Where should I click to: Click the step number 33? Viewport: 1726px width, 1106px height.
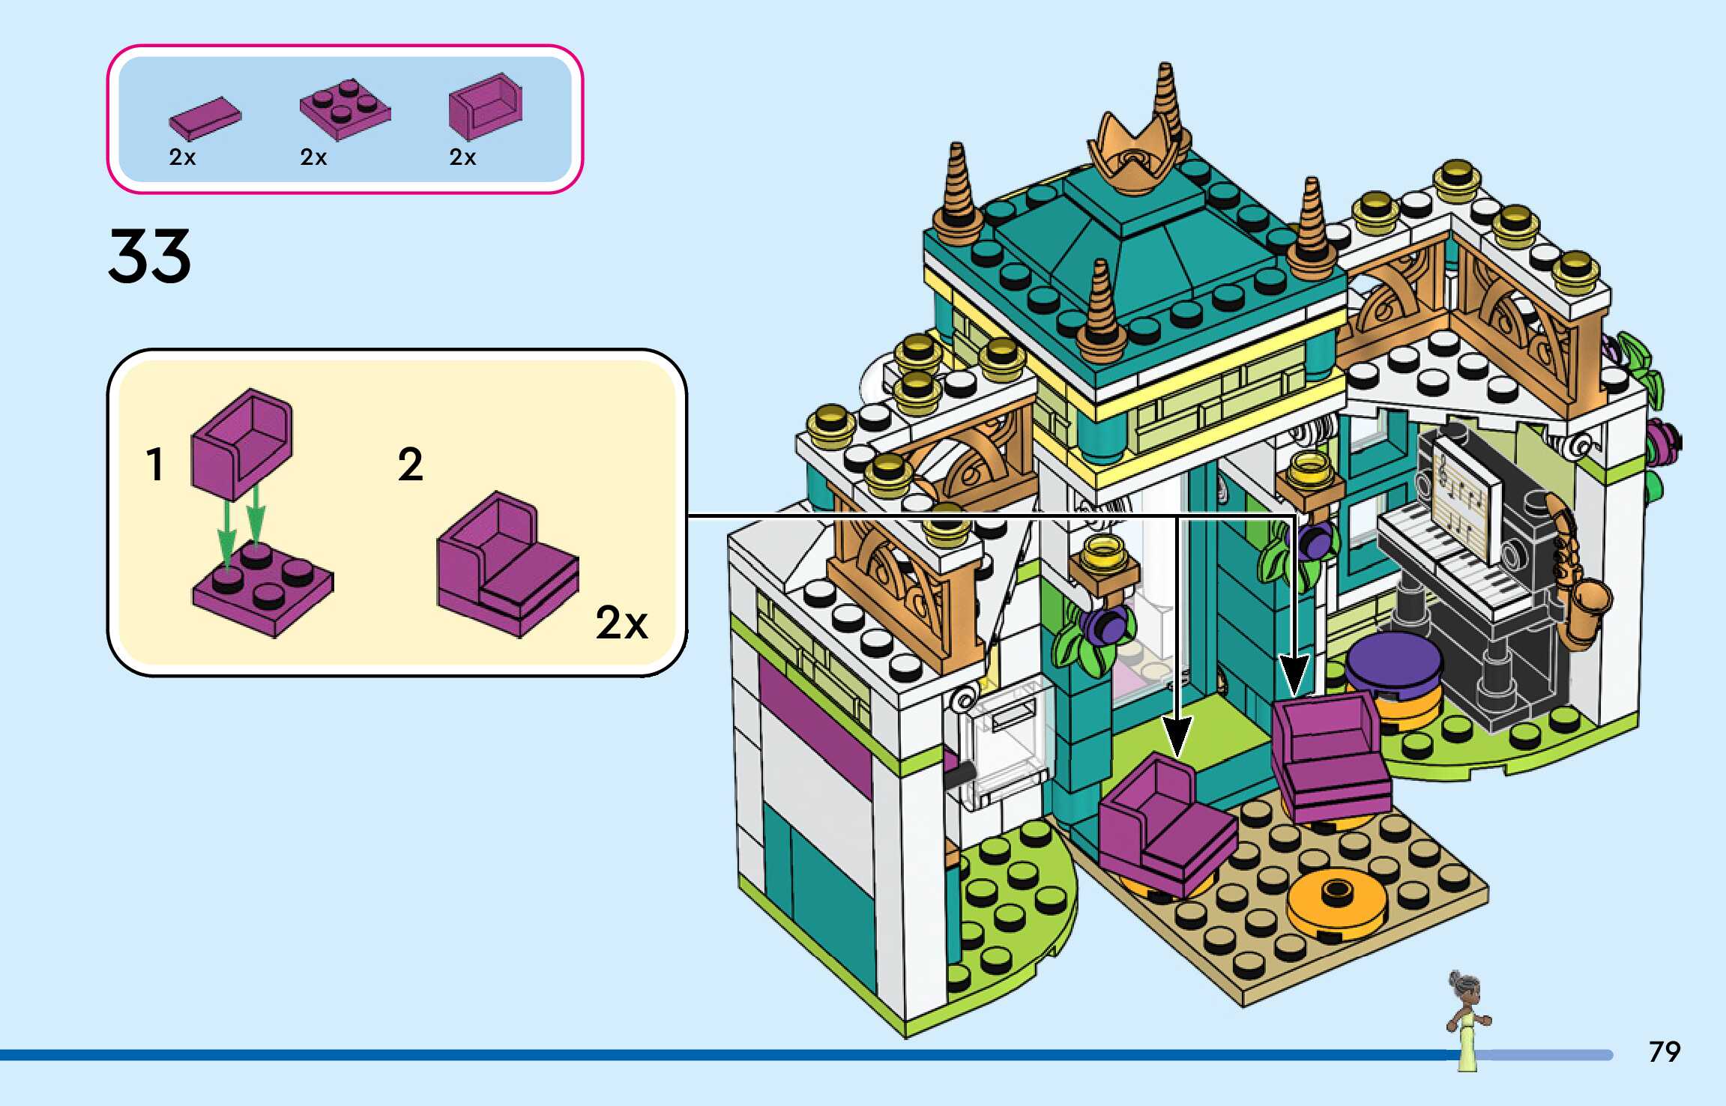[x=149, y=256]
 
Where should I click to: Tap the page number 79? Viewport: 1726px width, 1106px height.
[x=1664, y=1051]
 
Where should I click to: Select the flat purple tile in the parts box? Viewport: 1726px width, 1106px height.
[x=205, y=119]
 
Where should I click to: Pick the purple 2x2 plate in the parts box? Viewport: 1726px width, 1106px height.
[x=345, y=109]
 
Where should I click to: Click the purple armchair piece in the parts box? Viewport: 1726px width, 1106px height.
[x=485, y=106]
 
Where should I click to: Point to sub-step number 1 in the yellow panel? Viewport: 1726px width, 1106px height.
[x=154, y=465]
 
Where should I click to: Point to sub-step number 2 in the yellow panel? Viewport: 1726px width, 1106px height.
[x=410, y=465]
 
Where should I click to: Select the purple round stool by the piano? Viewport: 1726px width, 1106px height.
[x=1392, y=664]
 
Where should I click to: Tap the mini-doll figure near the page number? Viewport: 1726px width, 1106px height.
[x=1467, y=1019]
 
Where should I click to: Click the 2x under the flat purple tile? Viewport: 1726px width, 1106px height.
[x=182, y=157]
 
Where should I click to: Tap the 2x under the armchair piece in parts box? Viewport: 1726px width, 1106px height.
[x=462, y=157]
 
